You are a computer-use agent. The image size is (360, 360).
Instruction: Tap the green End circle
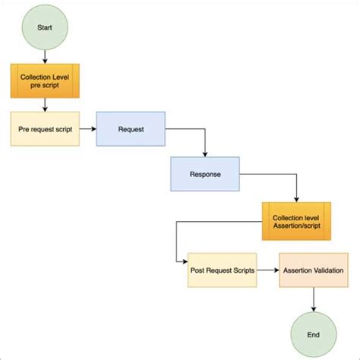[x=313, y=333]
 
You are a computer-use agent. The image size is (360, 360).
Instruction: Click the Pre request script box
[x=46, y=130]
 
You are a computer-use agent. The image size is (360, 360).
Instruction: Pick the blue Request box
[x=131, y=130]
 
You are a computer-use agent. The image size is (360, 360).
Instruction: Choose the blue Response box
[x=205, y=174]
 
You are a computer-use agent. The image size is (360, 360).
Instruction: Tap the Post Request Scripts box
[x=222, y=270]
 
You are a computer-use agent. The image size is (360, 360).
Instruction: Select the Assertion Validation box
[x=313, y=270]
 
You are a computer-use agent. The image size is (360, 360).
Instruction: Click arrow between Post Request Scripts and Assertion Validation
[x=267, y=270]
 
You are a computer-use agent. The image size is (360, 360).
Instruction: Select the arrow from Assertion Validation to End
[x=313, y=300]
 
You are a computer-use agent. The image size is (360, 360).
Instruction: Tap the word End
[x=313, y=333]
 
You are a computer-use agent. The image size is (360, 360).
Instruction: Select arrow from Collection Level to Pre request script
[x=46, y=106]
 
